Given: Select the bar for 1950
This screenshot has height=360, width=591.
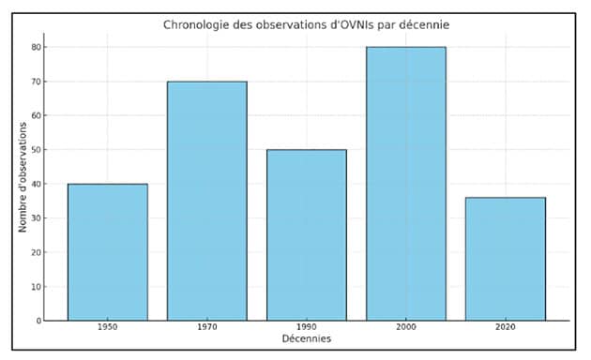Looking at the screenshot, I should (x=107, y=252).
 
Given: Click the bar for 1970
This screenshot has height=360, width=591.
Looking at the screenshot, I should (x=206, y=201).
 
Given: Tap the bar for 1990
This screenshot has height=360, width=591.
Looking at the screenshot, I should (x=306, y=234).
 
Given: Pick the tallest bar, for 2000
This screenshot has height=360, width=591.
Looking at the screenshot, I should (x=405, y=184).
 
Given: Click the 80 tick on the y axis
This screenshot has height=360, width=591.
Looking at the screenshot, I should (x=36, y=47).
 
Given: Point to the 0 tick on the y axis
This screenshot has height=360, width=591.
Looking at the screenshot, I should (x=38, y=321).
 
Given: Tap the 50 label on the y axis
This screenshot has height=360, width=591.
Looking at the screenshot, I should (x=36, y=150).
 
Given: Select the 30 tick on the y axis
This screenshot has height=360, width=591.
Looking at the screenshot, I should (x=36, y=218).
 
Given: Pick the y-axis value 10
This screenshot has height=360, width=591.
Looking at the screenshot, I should (x=36, y=287).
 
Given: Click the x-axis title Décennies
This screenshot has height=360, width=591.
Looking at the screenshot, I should (x=306, y=338).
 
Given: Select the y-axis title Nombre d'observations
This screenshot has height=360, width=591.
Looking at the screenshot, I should (x=23, y=184).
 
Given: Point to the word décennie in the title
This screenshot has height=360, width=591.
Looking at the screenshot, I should (x=423, y=24).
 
